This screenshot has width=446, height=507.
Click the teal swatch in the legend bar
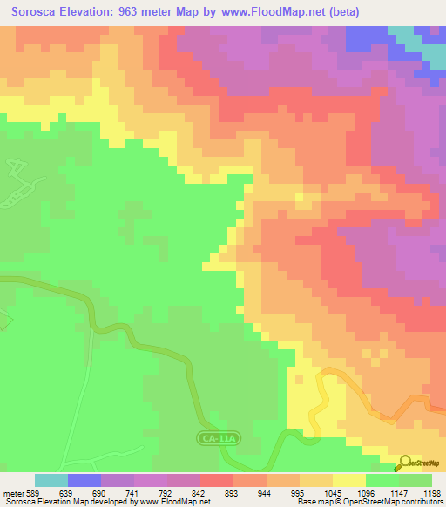[x=51, y=480]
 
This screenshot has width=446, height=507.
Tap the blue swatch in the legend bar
[x=84, y=480]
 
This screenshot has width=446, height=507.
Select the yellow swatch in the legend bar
[x=348, y=480]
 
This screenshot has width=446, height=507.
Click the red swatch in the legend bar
[x=217, y=480]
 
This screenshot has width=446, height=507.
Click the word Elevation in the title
[x=90, y=12]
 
